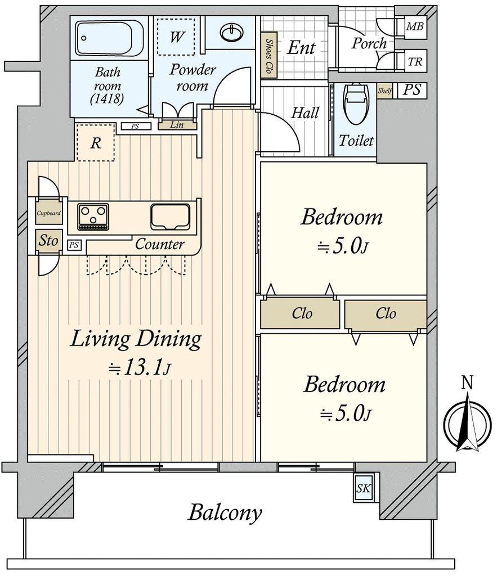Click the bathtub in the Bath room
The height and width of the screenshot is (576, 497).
(109, 38)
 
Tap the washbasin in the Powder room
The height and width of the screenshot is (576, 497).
(231, 32)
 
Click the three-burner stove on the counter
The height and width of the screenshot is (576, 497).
(93, 217)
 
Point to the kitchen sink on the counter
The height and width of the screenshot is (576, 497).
(170, 217)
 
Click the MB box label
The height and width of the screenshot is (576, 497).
(415, 26)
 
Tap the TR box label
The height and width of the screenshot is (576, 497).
(415, 61)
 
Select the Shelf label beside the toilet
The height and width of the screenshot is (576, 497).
(384, 91)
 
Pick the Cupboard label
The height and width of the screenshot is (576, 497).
(48, 213)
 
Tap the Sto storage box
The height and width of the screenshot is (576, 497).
(48, 241)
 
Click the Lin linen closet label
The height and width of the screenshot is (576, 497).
(177, 125)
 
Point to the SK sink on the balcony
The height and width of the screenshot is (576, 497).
(363, 488)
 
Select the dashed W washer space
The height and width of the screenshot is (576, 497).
(176, 37)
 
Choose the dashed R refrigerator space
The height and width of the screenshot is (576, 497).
(96, 142)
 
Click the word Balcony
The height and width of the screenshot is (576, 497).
(225, 513)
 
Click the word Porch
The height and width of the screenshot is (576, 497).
(369, 44)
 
